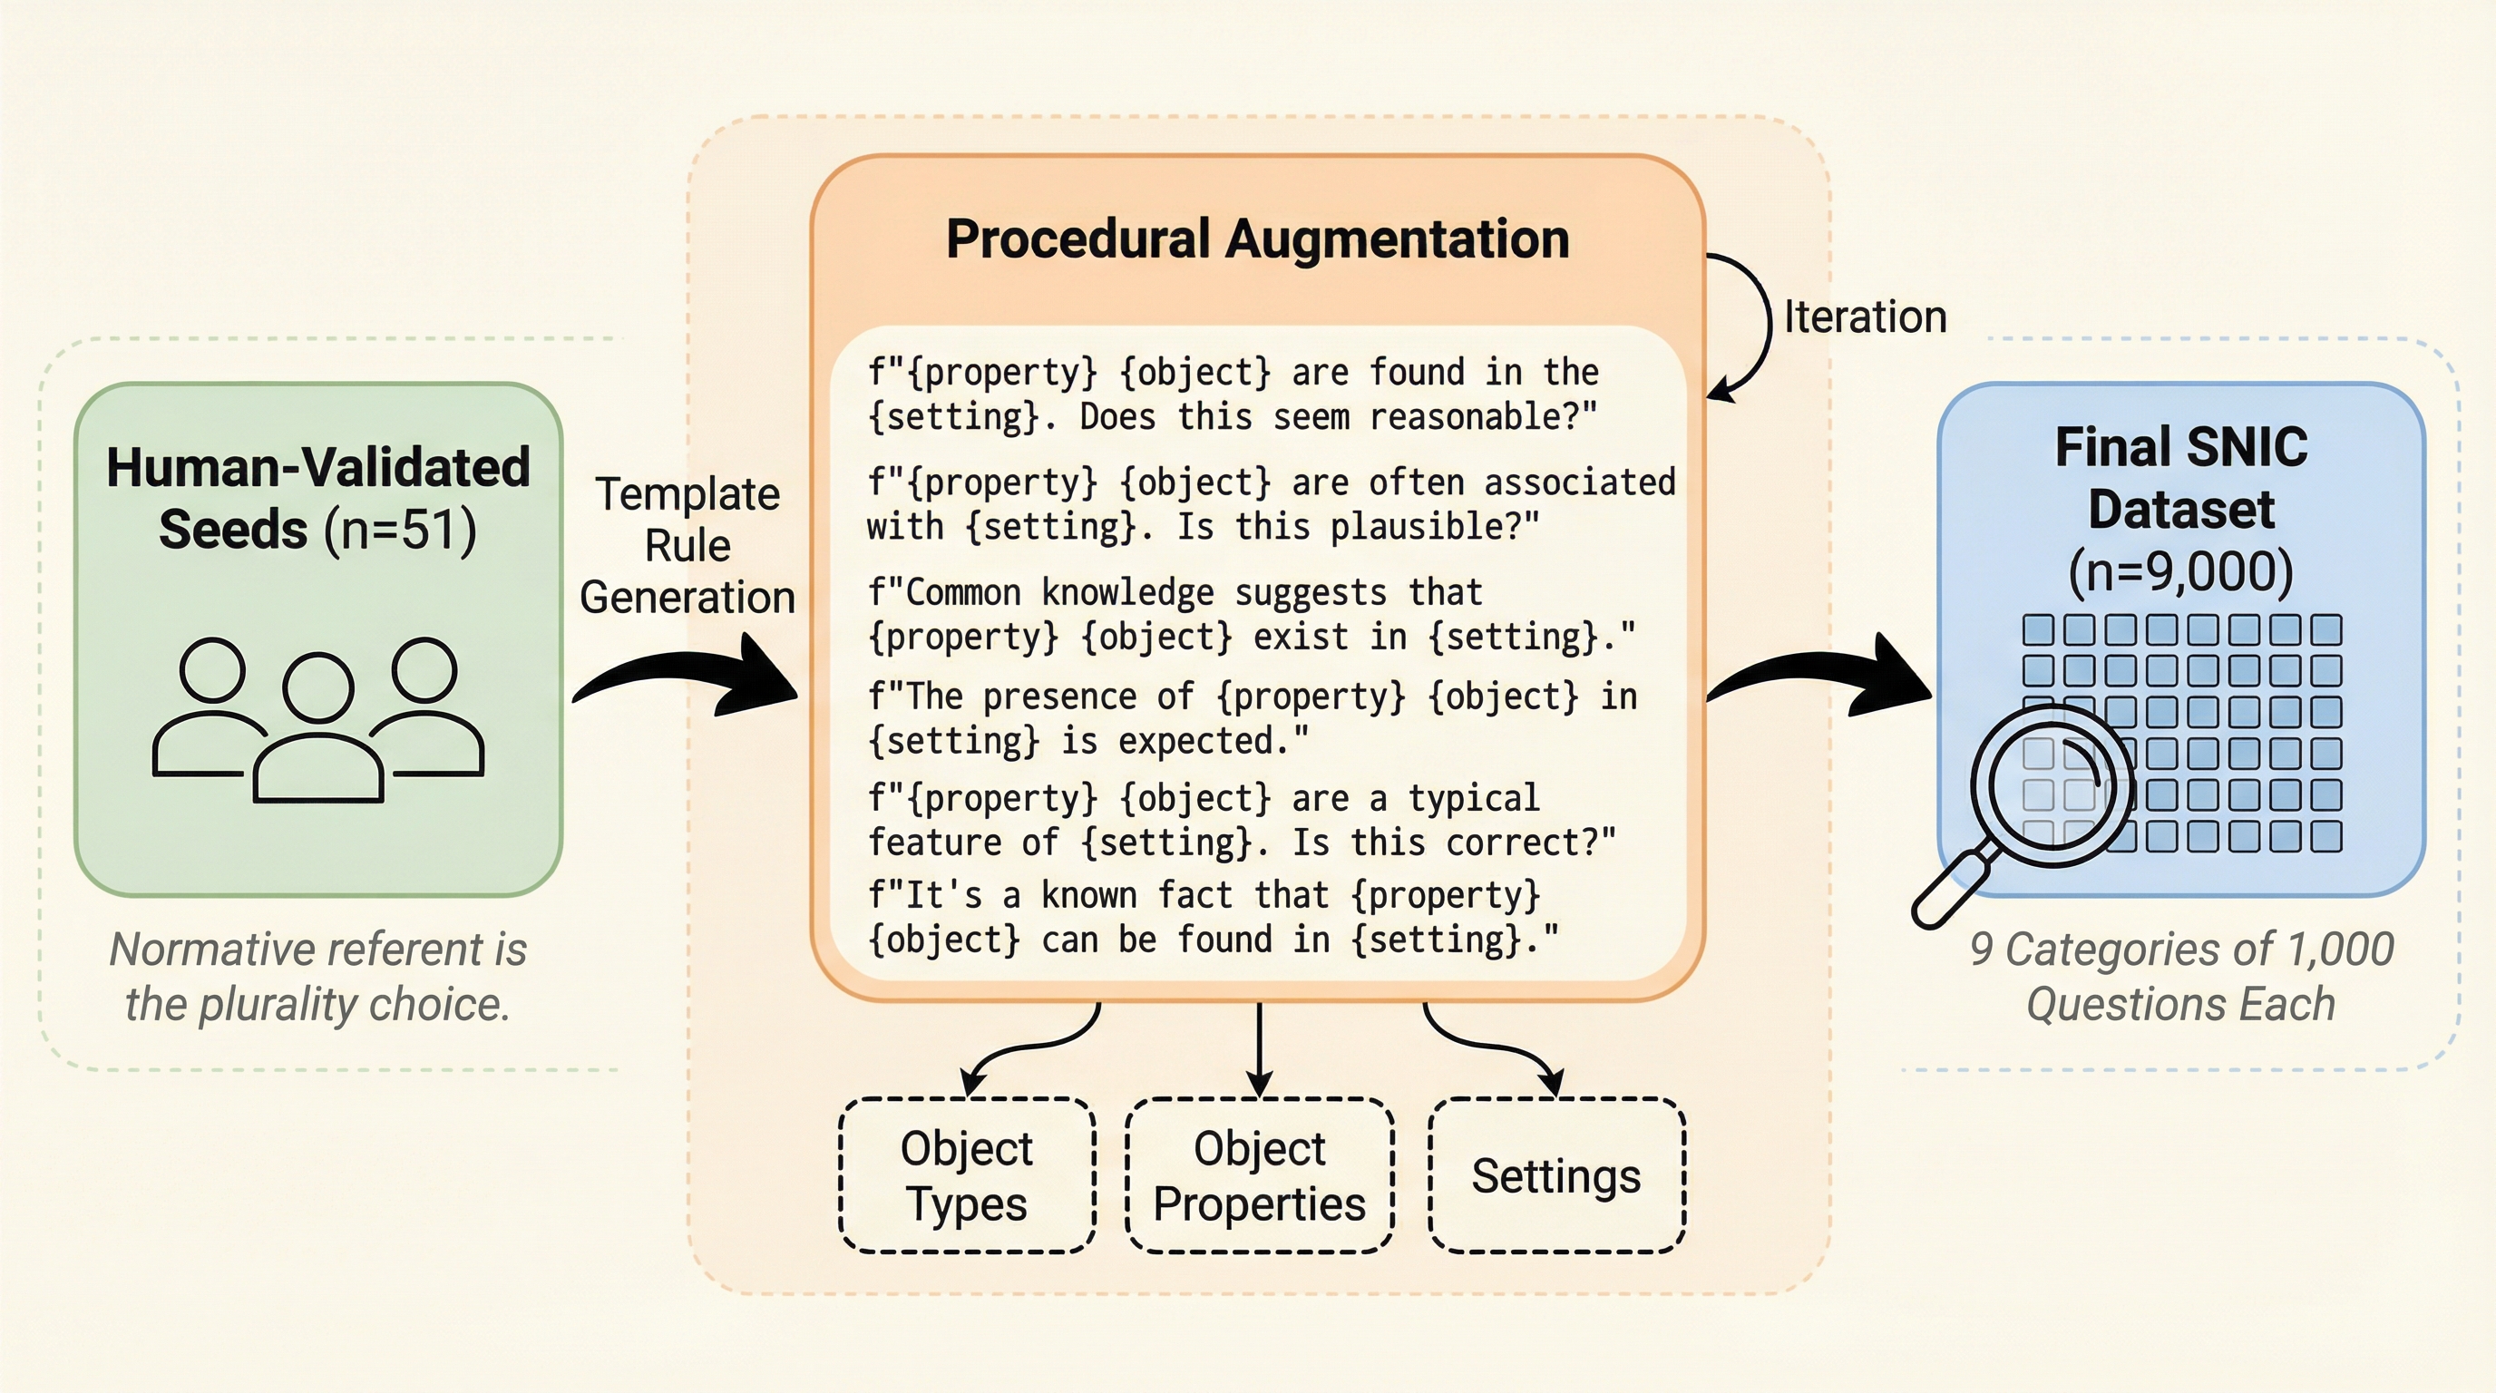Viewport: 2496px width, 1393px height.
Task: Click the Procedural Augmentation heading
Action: pyautogui.click(x=1257, y=239)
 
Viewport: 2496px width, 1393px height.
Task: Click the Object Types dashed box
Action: pyautogui.click(x=966, y=1175)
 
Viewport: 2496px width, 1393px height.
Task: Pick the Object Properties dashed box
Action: pyautogui.click(x=1259, y=1175)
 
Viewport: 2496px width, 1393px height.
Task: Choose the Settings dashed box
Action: pyautogui.click(x=1556, y=1175)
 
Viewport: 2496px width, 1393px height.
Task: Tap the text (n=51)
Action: pyautogui.click(x=399, y=531)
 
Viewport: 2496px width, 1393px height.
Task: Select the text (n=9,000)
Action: pyautogui.click(x=2180, y=571)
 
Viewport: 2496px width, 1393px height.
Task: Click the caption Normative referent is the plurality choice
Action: pyautogui.click(x=317, y=977)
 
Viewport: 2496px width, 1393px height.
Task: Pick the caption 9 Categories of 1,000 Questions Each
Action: pyautogui.click(x=2180, y=977)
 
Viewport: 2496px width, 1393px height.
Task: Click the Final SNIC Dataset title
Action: pyautogui.click(x=2180, y=479)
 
